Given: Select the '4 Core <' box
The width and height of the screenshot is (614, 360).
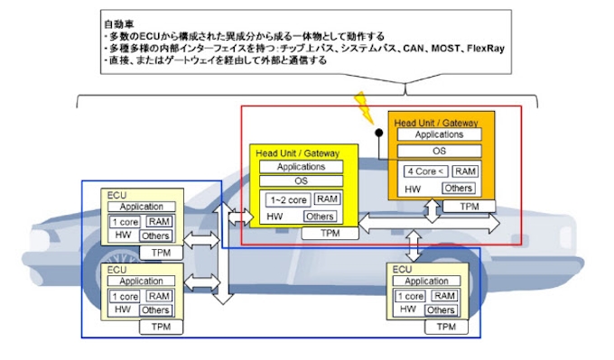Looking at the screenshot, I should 424,171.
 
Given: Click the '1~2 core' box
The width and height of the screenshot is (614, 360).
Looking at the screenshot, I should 285,199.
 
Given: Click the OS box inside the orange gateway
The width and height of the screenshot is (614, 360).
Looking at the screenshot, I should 439,151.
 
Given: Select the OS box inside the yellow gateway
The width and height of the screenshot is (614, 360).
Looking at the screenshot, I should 301,181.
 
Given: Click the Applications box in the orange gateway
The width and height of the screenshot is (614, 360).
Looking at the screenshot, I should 439,134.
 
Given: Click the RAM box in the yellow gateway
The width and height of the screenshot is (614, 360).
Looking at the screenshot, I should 327,199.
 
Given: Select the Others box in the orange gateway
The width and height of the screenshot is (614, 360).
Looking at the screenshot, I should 458,189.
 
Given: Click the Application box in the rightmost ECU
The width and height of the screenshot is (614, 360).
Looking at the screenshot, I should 425,282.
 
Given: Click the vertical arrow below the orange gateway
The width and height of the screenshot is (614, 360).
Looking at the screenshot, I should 433,210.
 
